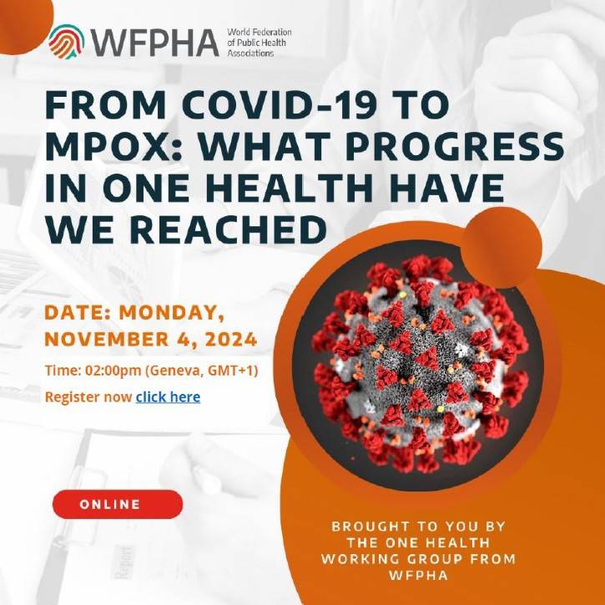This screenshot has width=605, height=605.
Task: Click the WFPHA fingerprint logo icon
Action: click(67, 41)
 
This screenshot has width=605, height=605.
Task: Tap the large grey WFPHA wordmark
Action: click(155, 43)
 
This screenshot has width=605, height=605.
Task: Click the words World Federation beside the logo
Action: click(260, 32)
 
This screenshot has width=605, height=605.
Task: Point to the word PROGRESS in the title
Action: click(455, 147)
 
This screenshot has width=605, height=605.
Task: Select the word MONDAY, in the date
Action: click(172, 313)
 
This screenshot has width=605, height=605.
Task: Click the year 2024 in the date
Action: click(231, 340)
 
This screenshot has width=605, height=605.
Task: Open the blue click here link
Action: click(168, 397)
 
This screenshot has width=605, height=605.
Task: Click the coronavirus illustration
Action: click(420, 364)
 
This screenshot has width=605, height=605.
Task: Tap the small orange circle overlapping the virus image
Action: click(502, 248)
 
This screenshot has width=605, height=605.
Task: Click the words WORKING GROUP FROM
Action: click(418, 559)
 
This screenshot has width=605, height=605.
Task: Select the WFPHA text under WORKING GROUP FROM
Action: click(419, 575)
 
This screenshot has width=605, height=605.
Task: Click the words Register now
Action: click(88, 397)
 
